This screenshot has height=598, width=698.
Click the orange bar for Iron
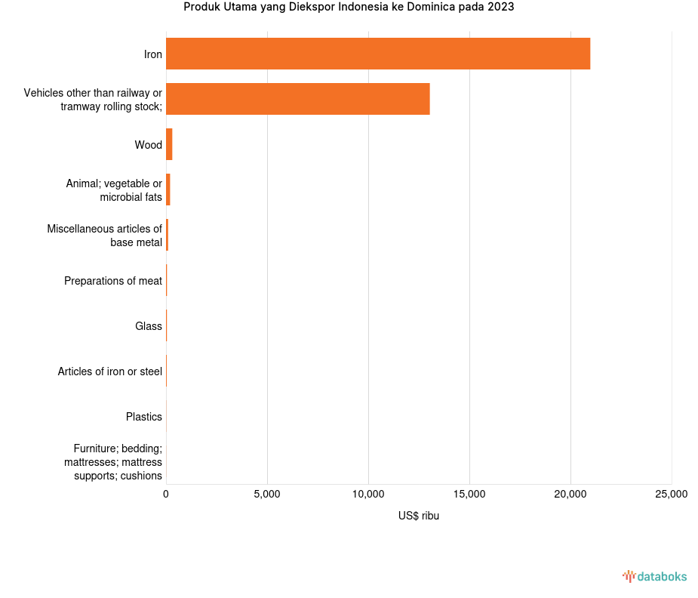[377, 54]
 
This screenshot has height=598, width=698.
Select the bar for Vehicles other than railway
[297, 99]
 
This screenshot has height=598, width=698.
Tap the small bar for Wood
[169, 144]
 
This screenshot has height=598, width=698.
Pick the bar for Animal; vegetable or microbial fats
[168, 190]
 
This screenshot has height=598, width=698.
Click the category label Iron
[153, 54]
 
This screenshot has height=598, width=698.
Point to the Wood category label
[148, 145]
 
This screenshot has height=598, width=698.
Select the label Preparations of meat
[113, 281]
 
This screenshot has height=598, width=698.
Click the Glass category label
[149, 326]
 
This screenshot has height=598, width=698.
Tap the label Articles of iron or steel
[110, 371]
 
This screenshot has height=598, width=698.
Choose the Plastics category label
[144, 417]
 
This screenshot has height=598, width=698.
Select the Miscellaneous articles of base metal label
[104, 236]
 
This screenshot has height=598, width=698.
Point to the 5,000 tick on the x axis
[267, 495]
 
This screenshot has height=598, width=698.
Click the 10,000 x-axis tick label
[368, 495]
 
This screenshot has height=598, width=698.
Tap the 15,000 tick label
[469, 495]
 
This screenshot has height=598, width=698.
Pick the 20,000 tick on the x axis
[570, 495]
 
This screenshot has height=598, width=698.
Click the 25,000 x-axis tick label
[671, 495]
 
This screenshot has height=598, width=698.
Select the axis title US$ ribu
[419, 516]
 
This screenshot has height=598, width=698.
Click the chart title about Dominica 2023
[349, 8]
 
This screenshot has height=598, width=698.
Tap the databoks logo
[655, 577]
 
